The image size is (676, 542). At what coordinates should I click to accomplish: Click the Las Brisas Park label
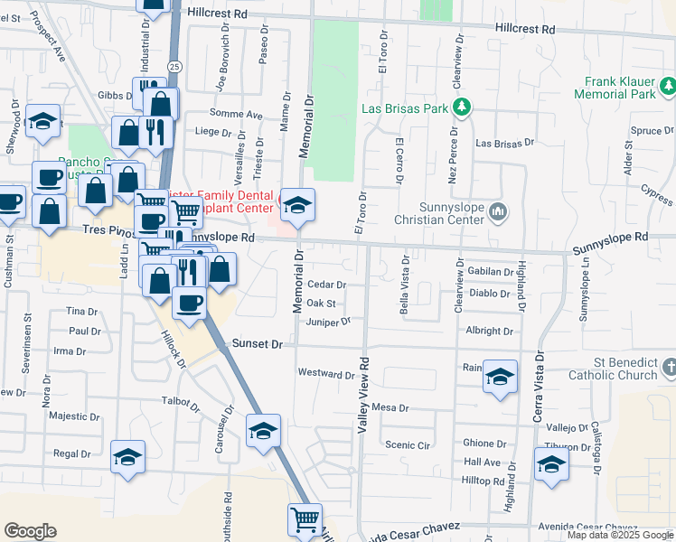[405, 108]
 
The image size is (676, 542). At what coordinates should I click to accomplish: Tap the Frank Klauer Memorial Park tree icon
[667, 87]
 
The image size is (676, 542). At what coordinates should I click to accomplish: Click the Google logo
[30, 531]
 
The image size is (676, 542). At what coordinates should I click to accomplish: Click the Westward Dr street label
[327, 373]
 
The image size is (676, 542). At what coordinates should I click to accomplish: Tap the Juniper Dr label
[327, 322]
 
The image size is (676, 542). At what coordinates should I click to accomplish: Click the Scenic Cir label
[406, 444]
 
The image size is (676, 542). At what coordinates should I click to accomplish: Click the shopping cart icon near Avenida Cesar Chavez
[305, 519]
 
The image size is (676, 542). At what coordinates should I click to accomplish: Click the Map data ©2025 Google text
[620, 535]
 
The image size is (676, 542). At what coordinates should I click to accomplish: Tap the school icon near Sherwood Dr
[42, 120]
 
